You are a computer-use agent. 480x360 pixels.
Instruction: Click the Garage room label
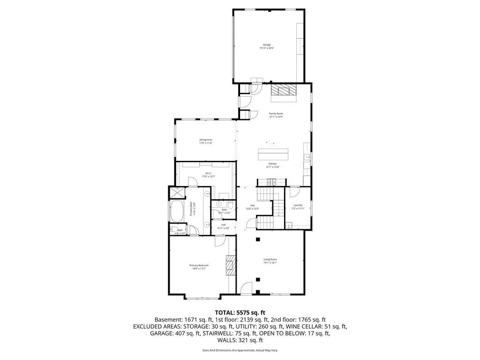coord(267,46)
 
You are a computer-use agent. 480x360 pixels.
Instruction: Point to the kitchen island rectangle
coord(274,154)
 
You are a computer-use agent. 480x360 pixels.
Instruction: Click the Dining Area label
coord(206,141)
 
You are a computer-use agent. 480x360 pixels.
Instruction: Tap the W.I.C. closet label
coord(205,175)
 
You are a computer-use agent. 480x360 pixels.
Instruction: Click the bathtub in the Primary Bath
coord(178,212)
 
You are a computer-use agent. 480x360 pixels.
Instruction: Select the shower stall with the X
coord(177,193)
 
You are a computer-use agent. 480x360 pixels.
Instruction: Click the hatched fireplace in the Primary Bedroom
coord(230,267)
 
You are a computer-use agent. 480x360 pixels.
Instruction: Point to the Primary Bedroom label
coord(199,267)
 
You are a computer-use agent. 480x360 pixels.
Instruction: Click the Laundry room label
coord(298,206)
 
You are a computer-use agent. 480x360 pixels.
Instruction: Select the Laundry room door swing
coord(294,191)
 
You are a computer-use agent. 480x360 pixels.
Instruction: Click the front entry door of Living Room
coord(243,290)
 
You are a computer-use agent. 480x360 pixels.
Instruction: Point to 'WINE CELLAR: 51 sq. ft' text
coord(318,326)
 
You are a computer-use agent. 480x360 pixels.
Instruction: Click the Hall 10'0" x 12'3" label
coord(252,207)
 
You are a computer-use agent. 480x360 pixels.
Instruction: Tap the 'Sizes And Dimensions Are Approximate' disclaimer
coord(240,351)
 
